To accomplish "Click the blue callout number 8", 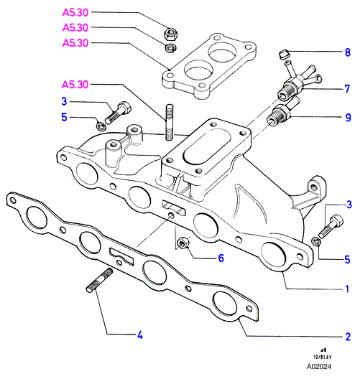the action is pos(347,52).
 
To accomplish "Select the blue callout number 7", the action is pos(347,89).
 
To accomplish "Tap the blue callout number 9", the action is pos(348,118).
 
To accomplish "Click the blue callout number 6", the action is pos(221,258).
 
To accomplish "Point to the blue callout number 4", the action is pos(140,335).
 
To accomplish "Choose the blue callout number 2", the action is pos(348,337).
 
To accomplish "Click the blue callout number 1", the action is pos(347,289).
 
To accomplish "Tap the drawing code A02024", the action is pos(318,366).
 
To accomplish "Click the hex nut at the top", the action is pos(171,34).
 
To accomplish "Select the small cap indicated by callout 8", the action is pos(283,54).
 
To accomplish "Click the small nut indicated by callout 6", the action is pos(183,243).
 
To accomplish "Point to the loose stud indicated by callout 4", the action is pos(100,280).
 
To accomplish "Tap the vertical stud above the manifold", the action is pos(170,122).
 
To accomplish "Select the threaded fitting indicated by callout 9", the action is pos(282,112).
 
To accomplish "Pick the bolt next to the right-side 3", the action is pos(331,226).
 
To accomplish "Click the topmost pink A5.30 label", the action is pos(75,13).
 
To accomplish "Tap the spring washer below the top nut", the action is pos(171,47).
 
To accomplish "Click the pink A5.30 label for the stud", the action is pos(75,85).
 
